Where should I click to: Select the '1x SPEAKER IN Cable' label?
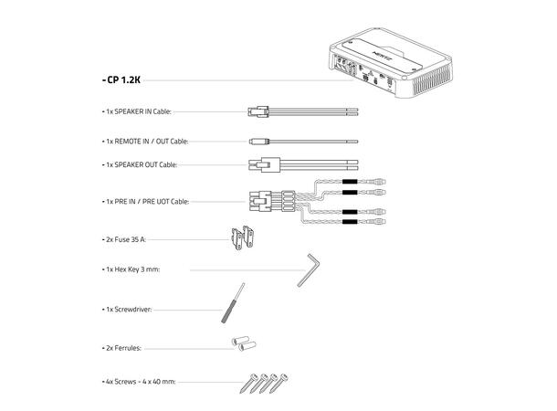click(138, 113)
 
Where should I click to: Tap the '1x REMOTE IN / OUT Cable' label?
click(145, 142)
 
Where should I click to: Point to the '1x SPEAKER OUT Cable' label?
click(141, 164)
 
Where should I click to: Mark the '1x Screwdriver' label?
click(127, 310)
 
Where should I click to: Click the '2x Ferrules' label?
click(122, 348)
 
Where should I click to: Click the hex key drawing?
click(308, 270)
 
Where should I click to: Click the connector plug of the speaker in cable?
click(257, 113)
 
